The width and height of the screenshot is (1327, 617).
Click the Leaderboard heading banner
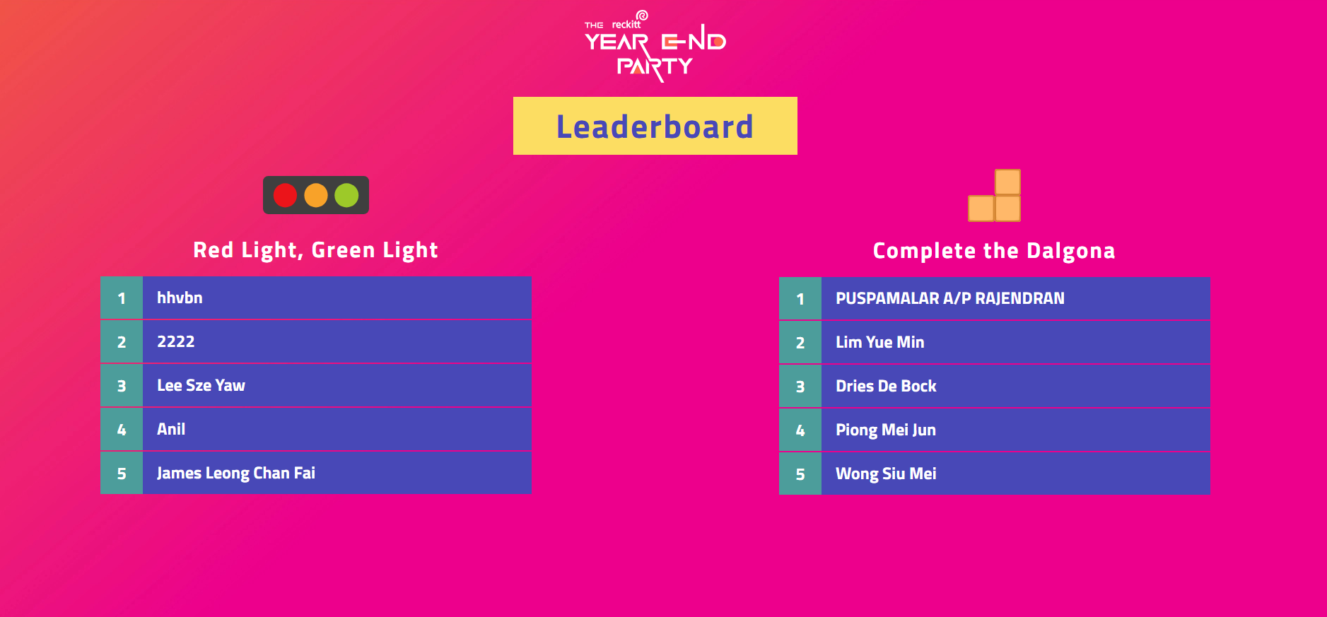(655, 126)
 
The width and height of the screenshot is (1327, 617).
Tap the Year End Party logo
(655, 46)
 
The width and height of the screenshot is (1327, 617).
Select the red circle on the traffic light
(285, 195)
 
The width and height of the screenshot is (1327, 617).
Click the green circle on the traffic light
(346, 195)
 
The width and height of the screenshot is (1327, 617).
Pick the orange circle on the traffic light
(316, 195)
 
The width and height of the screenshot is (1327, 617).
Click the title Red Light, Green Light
(315, 250)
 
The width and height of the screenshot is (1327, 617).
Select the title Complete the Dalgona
(994, 251)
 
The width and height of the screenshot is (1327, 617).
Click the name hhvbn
(180, 298)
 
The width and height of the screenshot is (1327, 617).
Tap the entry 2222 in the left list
(175, 341)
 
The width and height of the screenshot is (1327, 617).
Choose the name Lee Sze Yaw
(201, 385)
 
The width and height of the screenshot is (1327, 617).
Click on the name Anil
(171, 429)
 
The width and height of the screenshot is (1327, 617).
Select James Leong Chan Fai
(236, 474)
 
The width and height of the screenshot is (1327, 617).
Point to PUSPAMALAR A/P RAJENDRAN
(950, 298)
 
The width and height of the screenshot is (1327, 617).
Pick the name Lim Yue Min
(880, 342)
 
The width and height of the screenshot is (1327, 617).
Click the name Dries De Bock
(886, 386)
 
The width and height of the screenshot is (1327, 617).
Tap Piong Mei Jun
(886, 430)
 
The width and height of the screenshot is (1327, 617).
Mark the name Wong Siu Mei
(886, 474)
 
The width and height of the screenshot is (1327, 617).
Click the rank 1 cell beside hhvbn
(122, 298)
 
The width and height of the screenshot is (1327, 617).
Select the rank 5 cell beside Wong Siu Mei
(800, 474)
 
